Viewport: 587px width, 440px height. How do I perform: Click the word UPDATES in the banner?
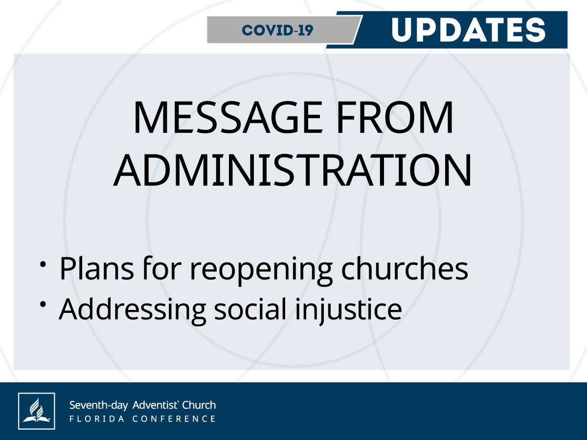coord(468,30)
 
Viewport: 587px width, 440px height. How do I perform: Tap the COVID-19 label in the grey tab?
coord(277,30)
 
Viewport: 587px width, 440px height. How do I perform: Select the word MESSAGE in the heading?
coord(227,117)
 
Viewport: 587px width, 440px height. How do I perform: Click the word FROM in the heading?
coord(394,117)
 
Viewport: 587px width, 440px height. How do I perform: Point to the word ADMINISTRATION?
coord(293,170)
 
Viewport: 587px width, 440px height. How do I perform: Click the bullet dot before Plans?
coord(43,264)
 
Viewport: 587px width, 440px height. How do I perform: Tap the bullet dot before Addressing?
coord(43,304)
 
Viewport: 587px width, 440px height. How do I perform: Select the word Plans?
coord(96,268)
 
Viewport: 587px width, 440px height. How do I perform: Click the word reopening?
coord(261,270)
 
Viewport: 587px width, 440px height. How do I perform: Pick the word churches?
coord(405,268)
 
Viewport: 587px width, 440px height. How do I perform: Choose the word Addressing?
coord(133,311)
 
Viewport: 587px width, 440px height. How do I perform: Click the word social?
coord(250,308)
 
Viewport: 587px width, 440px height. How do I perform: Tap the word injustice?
coord(348,311)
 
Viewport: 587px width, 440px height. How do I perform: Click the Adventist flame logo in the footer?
coord(37,411)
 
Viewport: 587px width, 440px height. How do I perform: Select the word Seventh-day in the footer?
coord(99,406)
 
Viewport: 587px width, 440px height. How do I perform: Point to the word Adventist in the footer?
coord(156,405)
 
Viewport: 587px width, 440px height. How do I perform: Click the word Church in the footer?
coord(199,405)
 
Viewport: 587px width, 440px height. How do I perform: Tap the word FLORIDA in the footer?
coord(96,419)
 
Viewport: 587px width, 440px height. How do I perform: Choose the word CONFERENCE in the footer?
coord(174,419)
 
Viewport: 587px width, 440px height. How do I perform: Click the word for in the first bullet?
coord(162,268)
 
